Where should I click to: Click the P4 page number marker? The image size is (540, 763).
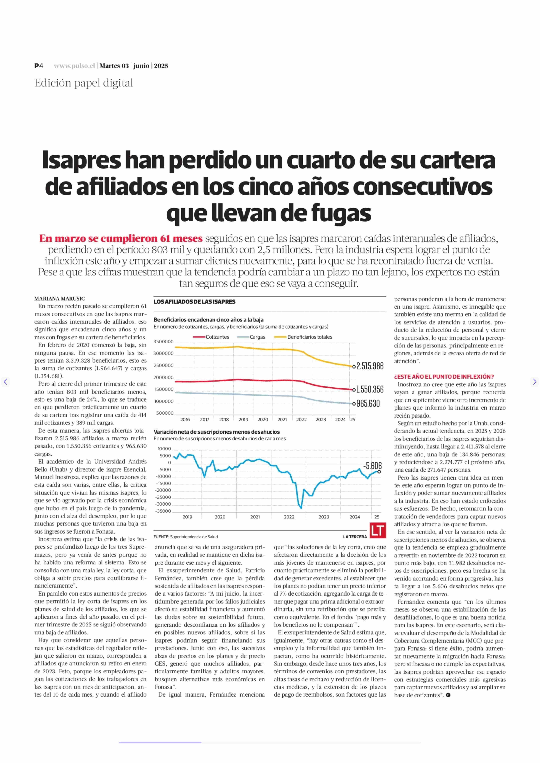pyautogui.click(x=39, y=66)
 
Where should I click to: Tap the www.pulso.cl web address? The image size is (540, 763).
pyautogui.click(x=75, y=66)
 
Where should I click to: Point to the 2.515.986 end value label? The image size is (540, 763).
pyautogui.click(x=370, y=366)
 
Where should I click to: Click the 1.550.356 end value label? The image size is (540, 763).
pyautogui.click(x=370, y=389)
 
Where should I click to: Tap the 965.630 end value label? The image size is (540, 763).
pyautogui.click(x=368, y=403)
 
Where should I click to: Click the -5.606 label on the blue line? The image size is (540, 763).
pyautogui.click(x=372, y=466)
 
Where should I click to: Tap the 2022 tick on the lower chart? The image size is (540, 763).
pyautogui.click(x=289, y=517)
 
